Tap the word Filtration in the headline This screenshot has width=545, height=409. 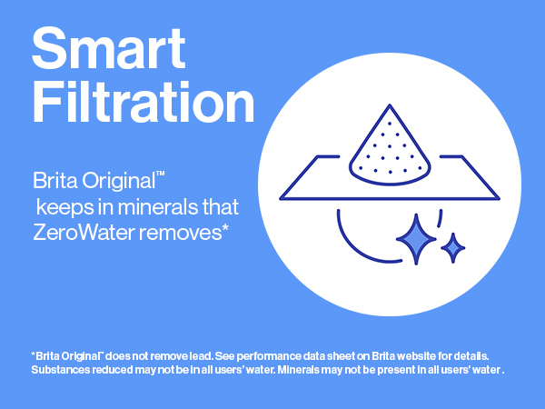(x=143, y=105)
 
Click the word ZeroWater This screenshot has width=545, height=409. (x=79, y=232)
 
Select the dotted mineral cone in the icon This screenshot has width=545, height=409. (x=392, y=145)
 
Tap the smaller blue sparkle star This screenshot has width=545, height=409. (x=452, y=246)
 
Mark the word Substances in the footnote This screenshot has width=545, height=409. (x=59, y=370)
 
